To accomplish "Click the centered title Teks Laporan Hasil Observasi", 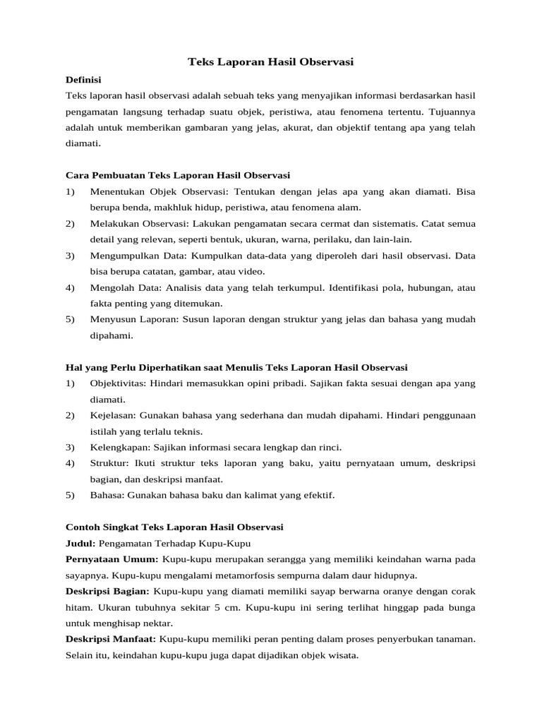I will pyautogui.click(x=270, y=63).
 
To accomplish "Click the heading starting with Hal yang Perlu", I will pyautogui.click(x=236, y=367).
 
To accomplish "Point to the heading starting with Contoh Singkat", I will pyautogui.click(x=174, y=527).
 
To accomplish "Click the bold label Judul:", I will pyautogui.click(x=80, y=543).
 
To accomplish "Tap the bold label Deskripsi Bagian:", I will pyautogui.click(x=107, y=591).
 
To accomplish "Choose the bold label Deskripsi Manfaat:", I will pyautogui.click(x=111, y=639).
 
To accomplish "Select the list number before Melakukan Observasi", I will pyautogui.click(x=70, y=223).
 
